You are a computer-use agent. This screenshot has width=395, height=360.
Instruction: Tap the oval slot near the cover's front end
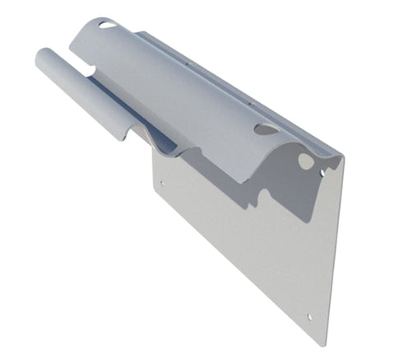click(266, 129)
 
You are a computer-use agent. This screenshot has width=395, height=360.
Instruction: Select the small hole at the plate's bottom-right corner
click(309, 316)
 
